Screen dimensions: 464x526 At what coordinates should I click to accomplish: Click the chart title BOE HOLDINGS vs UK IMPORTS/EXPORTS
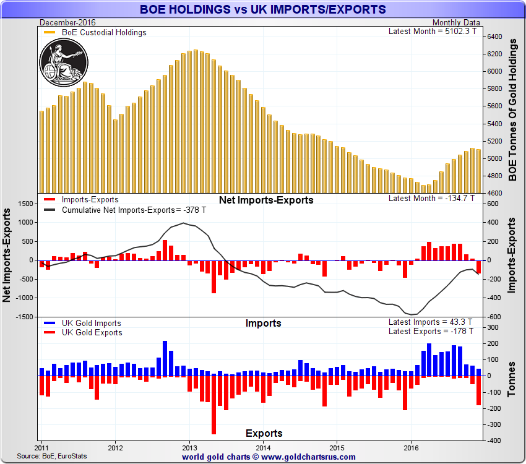[263, 9]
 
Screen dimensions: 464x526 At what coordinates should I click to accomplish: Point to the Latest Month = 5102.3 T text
[431, 31]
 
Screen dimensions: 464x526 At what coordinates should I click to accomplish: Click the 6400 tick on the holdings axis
[494, 37]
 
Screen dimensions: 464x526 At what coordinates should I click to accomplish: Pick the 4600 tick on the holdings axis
[494, 192]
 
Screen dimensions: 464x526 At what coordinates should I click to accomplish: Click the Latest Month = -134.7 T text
[431, 199]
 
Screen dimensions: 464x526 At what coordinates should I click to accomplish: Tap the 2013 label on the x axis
[189, 447]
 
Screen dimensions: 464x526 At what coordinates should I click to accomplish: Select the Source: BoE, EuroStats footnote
[52, 456]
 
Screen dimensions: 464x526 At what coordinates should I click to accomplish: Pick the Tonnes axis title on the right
[512, 379]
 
